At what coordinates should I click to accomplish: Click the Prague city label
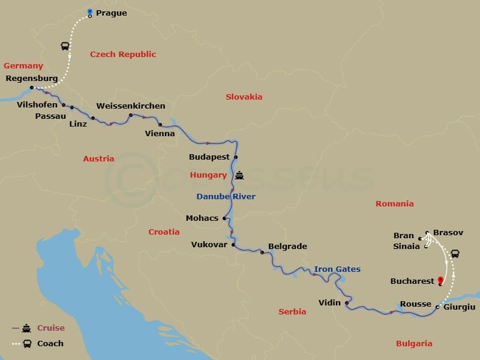click(x=111, y=13)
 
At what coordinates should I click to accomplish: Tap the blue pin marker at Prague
click(x=89, y=12)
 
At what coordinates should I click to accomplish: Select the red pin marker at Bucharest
click(x=441, y=280)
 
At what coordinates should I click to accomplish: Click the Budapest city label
click(x=209, y=157)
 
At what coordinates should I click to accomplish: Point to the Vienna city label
click(x=160, y=133)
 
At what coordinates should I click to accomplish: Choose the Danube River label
click(x=226, y=197)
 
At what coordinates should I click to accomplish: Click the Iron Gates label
click(x=337, y=269)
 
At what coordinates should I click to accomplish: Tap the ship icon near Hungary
click(x=240, y=176)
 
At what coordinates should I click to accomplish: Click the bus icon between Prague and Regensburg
click(x=64, y=46)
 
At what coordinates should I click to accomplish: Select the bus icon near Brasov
click(x=455, y=253)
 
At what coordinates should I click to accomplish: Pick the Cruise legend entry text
click(x=51, y=328)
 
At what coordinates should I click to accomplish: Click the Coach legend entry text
click(x=50, y=344)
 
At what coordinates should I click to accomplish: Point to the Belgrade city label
click(x=287, y=247)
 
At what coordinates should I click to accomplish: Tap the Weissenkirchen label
click(x=131, y=106)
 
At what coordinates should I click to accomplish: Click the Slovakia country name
click(x=244, y=97)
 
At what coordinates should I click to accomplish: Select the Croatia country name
click(x=164, y=232)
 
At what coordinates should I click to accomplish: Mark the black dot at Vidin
click(x=347, y=303)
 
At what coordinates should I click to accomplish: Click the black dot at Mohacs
click(x=224, y=218)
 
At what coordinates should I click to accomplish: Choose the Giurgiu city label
click(x=460, y=307)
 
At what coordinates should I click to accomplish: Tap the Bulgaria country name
click(x=414, y=344)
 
